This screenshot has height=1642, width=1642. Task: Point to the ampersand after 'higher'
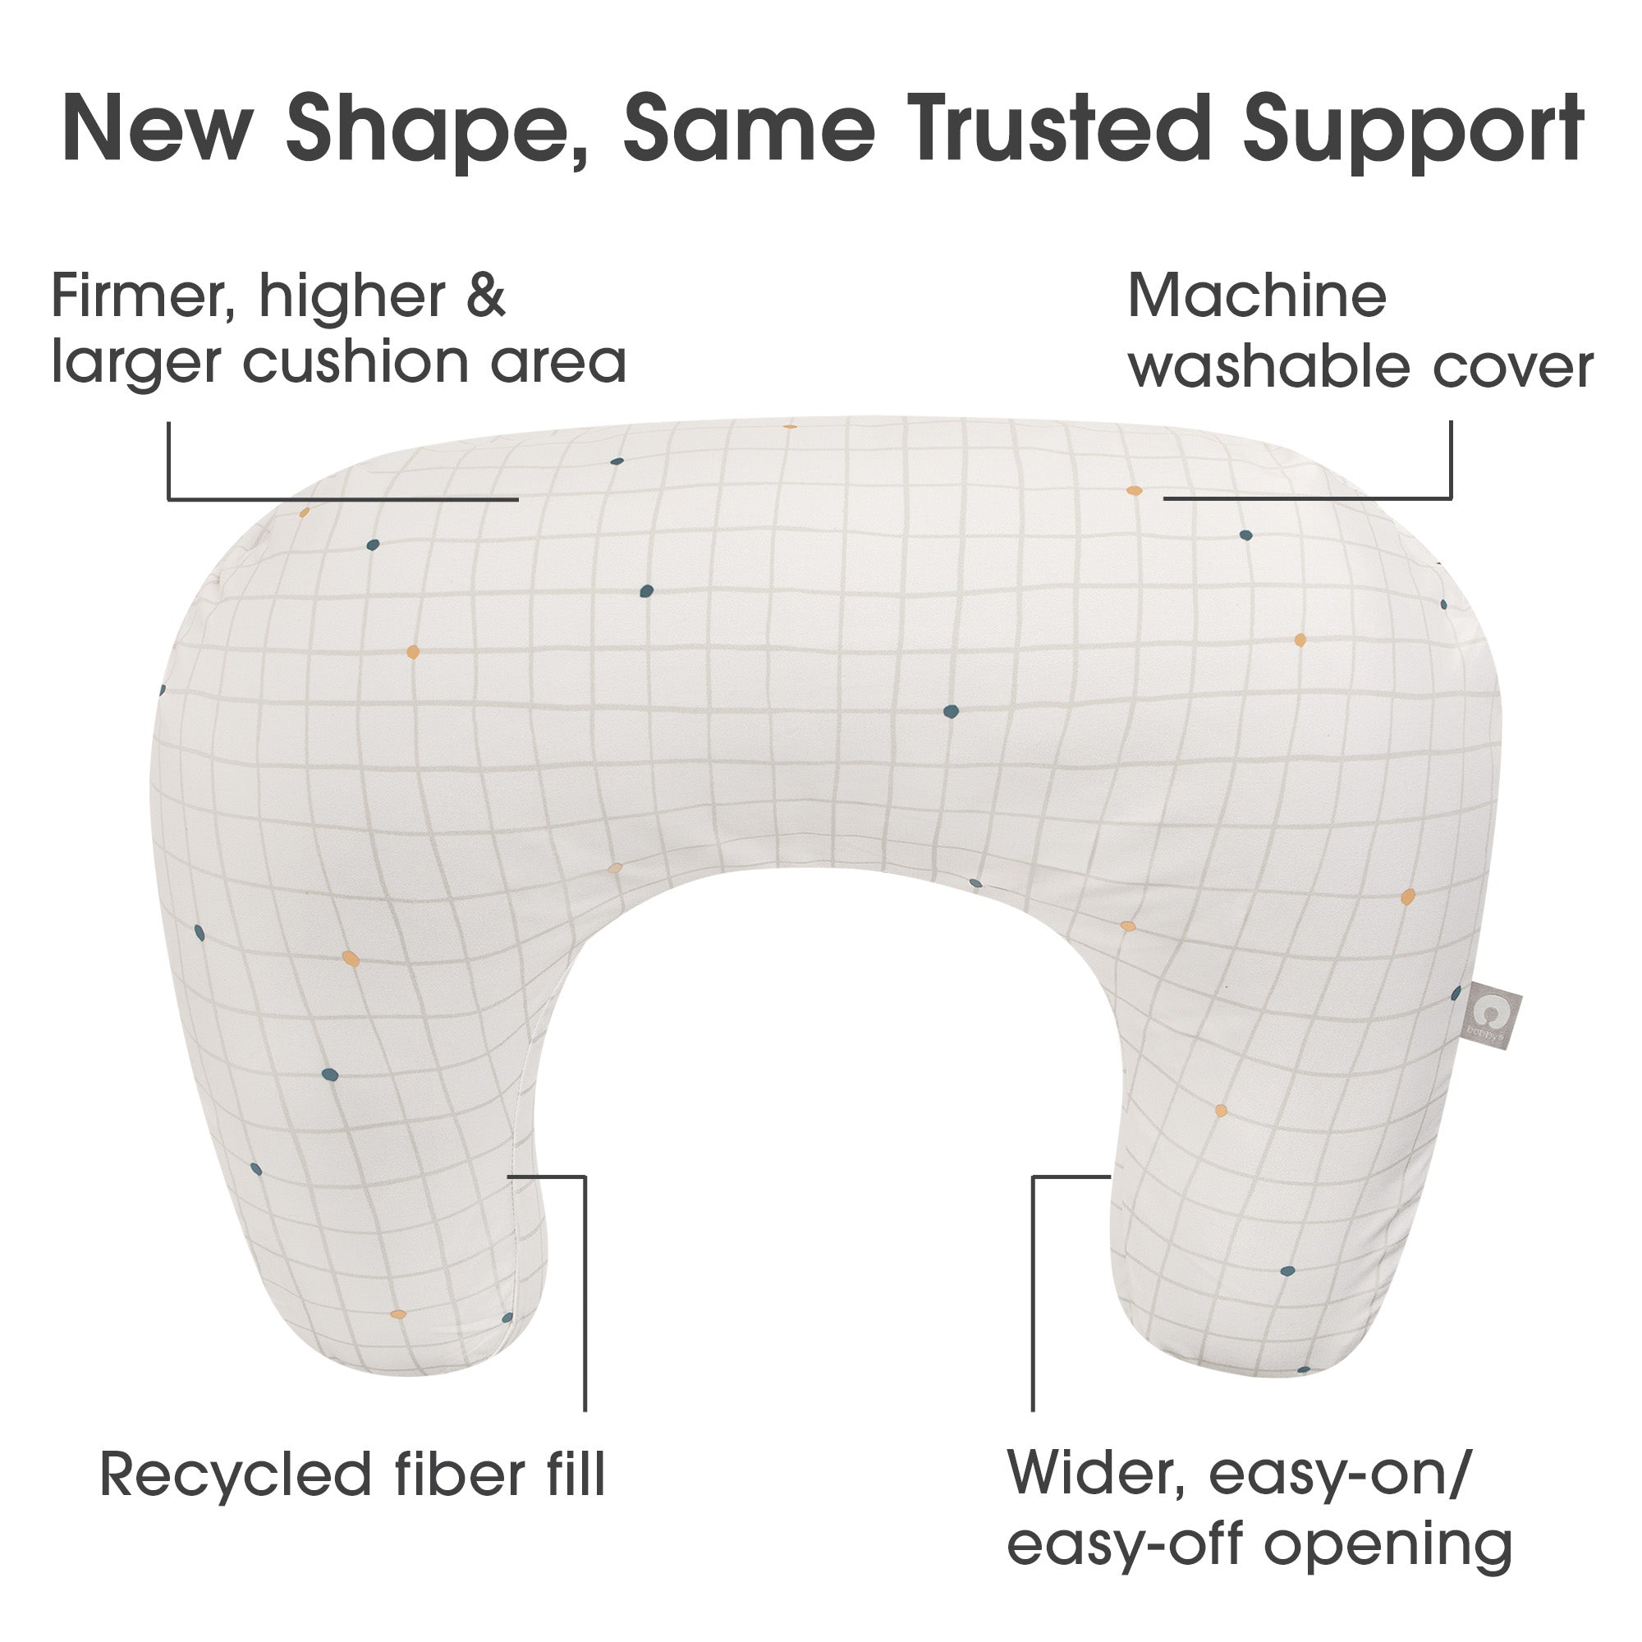[485, 296]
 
